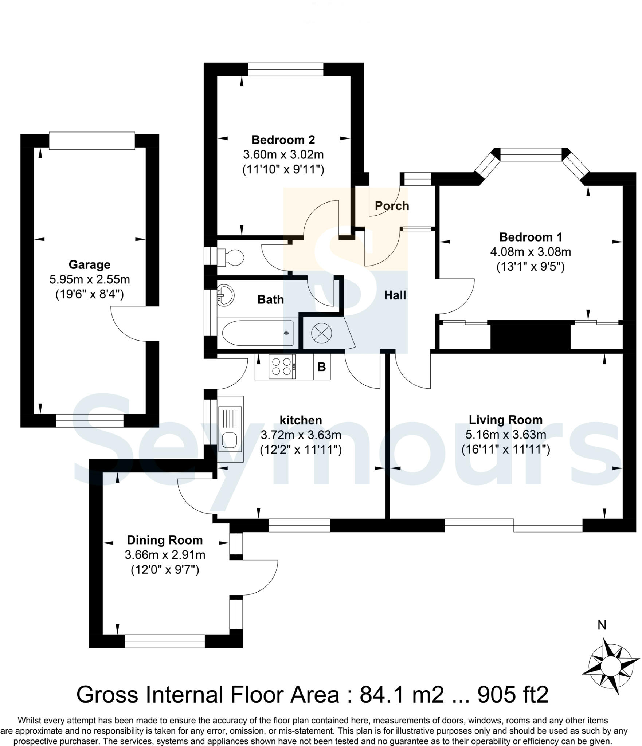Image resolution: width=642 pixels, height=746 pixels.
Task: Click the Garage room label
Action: click(x=89, y=264)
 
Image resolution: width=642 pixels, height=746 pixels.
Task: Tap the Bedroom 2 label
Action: click(x=283, y=140)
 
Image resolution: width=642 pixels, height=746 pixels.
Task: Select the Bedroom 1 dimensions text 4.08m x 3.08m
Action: click(x=531, y=252)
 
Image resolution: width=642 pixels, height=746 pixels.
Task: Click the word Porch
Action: click(x=392, y=206)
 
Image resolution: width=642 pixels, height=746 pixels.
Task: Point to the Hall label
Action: click(x=395, y=295)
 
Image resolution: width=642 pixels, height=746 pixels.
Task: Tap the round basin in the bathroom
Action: click(x=224, y=294)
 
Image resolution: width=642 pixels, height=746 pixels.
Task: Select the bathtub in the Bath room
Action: click(x=258, y=333)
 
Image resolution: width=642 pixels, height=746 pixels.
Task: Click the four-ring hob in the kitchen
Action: click(x=282, y=366)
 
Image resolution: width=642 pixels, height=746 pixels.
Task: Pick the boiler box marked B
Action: click(x=322, y=366)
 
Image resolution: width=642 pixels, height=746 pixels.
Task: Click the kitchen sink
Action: click(x=230, y=429)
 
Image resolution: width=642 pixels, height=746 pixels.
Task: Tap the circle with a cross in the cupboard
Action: click(x=321, y=333)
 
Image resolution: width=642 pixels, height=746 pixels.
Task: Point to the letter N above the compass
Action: click(x=602, y=625)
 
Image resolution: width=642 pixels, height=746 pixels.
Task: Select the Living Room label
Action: click(x=505, y=420)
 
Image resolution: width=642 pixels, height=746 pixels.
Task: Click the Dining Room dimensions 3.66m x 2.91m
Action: click(x=165, y=555)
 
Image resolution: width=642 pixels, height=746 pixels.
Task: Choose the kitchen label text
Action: click(x=301, y=420)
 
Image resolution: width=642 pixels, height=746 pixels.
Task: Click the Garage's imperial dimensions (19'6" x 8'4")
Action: click(x=89, y=294)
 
